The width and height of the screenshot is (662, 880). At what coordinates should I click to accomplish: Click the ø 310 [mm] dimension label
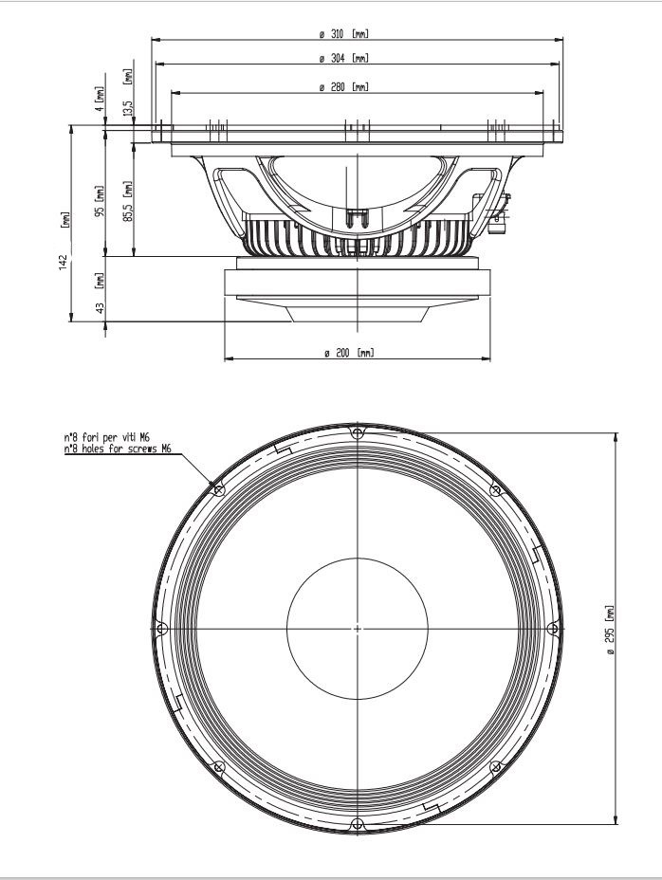point(343,34)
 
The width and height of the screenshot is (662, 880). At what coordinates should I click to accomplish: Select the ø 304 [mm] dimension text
point(343,59)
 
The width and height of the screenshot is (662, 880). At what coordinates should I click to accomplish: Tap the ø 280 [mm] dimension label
point(343,87)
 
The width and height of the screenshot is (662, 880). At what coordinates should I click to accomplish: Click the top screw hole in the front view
point(356,433)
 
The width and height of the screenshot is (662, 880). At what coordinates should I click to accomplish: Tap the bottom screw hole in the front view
point(356,822)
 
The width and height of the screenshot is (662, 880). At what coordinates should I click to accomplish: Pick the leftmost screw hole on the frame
point(161,628)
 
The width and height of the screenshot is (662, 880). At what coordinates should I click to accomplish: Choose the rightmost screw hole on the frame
point(552,628)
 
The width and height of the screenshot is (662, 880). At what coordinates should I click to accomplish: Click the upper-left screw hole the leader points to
point(219,490)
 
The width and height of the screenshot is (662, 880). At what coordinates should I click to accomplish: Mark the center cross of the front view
point(357,628)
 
